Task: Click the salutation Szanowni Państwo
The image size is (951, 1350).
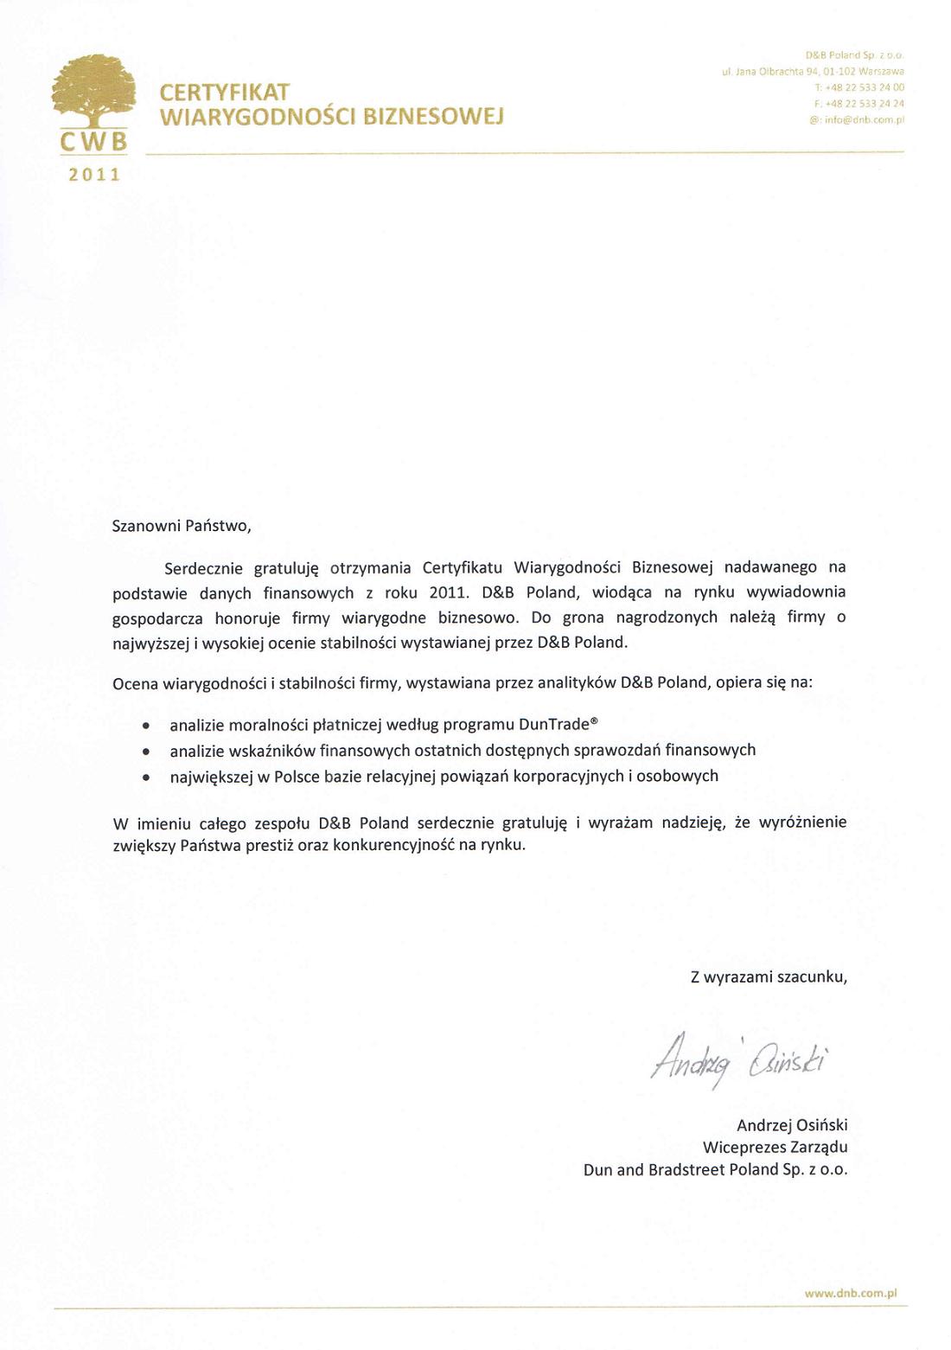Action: (x=182, y=525)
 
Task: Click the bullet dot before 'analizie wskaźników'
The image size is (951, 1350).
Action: (x=149, y=752)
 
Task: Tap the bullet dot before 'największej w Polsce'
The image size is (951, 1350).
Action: (x=149, y=777)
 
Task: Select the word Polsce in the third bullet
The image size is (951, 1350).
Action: (x=297, y=777)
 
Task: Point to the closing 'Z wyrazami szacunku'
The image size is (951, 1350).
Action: (x=769, y=977)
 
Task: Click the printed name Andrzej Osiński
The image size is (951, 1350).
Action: (x=791, y=1125)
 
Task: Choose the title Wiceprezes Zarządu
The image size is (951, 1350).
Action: (x=775, y=1148)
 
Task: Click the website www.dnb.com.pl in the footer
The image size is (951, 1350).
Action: (x=851, y=1294)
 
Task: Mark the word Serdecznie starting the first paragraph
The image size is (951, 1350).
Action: (x=205, y=568)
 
